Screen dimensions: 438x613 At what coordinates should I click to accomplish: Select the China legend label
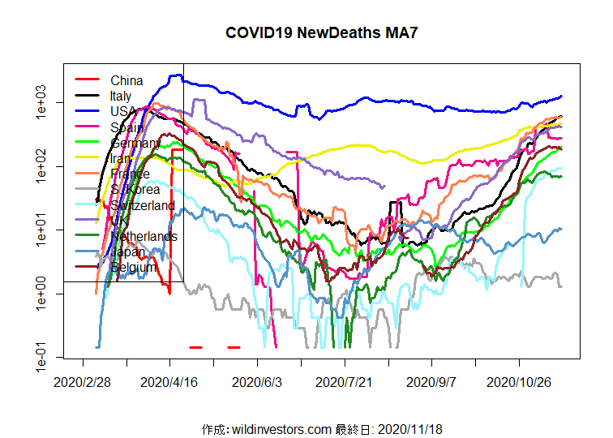point(126,80)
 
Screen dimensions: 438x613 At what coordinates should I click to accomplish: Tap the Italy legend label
point(121,96)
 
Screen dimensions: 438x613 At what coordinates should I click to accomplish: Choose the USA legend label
point(123,111)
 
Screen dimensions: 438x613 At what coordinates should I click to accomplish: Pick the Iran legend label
point(121,158)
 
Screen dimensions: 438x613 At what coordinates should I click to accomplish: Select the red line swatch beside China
point(87,79)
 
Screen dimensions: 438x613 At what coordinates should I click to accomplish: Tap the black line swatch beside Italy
point(87,95)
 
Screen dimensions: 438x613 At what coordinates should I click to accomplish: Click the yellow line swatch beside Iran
point(87,157)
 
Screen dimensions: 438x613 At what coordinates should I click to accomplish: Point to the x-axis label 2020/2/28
point(83,380)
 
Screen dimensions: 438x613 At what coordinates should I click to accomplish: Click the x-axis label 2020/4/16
point(169,380)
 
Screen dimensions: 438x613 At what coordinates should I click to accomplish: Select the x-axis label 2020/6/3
point(257,380)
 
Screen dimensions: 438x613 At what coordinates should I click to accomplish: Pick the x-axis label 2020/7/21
point(344,380)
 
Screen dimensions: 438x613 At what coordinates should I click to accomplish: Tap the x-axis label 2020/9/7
point(431,380)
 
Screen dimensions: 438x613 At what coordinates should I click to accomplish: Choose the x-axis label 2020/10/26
point(519,380)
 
